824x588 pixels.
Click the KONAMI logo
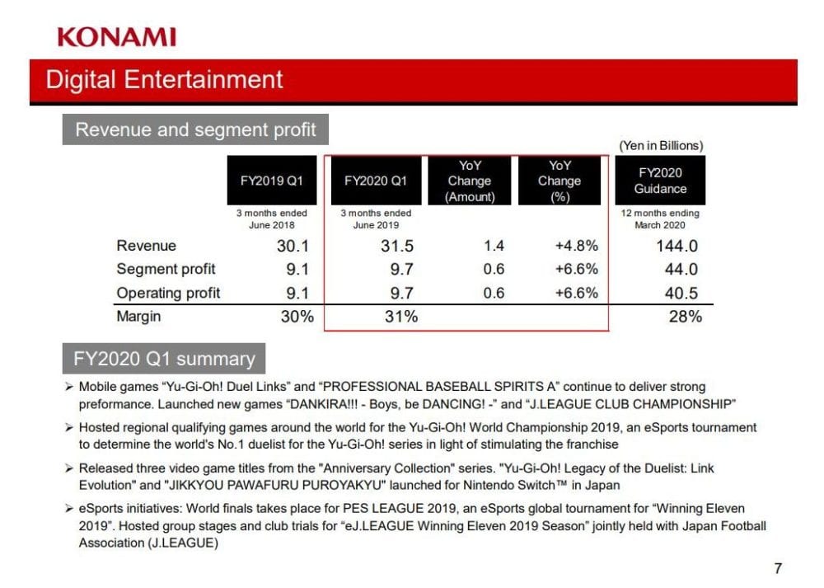[x=116, y=36]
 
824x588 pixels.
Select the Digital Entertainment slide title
[x=164, y=80]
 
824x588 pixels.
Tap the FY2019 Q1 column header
[x=272, y=181]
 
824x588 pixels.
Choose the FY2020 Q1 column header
[x=376, y=181]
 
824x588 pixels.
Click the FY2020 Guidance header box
[x=660, y=181]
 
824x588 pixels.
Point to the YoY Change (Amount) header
[x=470, y=181]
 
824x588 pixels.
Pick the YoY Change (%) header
[x=559, y=181]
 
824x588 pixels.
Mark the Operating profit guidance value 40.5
[x=681, y=293]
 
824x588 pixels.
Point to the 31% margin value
[x=401, y=317]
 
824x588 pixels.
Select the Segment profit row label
[x=166, y=269]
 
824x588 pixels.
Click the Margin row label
[x=138, y=317]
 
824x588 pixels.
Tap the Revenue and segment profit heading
[x=195, y=130]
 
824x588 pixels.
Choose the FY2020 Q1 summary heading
[x=164, y=360]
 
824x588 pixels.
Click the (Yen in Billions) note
[x=661, y=145]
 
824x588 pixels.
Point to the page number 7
[x=777, y=567]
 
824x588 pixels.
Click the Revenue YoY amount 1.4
[x=494, y=246]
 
